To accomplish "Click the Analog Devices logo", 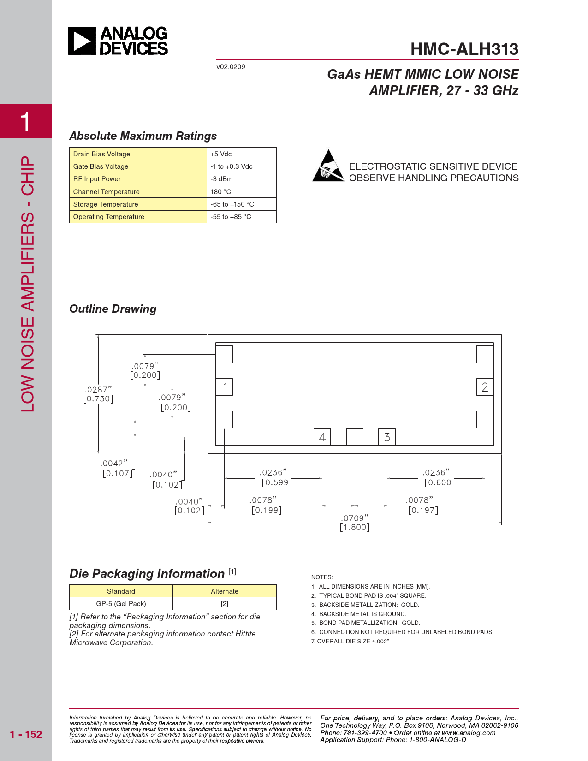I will pyautogui.click(x=118, y=41).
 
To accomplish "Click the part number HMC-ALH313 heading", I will pyautogui.click(x=464, y=49).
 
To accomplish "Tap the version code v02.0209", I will pyautogui.click(x=231, y=67).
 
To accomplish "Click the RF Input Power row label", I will pyautogui.click(x=97, y=179).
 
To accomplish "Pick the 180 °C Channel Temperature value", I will pyautogui.click(x=221, y=192).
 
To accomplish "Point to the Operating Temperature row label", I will pyautogui.click(x=109, y=217).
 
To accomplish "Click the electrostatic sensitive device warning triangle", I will pyautogui.click(x=328, y=166).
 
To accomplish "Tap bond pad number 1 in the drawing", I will pyautogui.click(x=225, y=387).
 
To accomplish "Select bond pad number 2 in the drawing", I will pyautogui.click(x=485, y=387).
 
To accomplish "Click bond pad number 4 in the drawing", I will pyautogui.click(x=322, y=437).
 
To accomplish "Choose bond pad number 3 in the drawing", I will pyautogui.click(x=387, y=437).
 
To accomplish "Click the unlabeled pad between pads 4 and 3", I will pyautogui.click(x=355, y=437).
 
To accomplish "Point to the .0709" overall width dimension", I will pyautogui.click(x=355, y=518).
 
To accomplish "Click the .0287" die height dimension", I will pyautogui.click(x=98, y=390).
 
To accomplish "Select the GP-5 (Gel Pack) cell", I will pyautogui.click(x=121, y=604).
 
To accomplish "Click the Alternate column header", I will pyautogui.click(x=225, y=591).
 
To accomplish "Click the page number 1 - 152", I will pyautogui.click(x=26, y=734).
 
